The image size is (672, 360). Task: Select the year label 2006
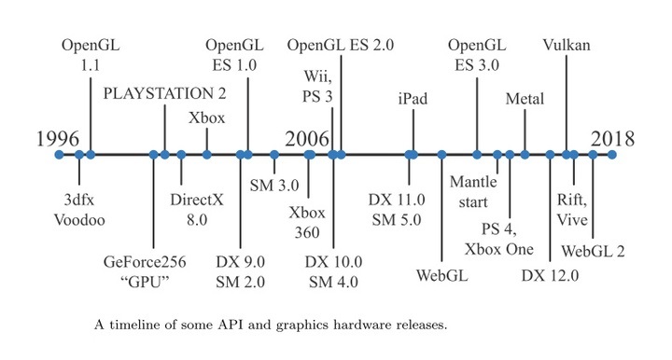tap(307, 139)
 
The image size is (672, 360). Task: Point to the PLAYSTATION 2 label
tap(164, 93)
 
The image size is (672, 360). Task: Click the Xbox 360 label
tap(307, 220)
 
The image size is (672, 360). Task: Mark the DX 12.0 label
tap(551, 275)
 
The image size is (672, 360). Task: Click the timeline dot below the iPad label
tap(411, 154)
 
